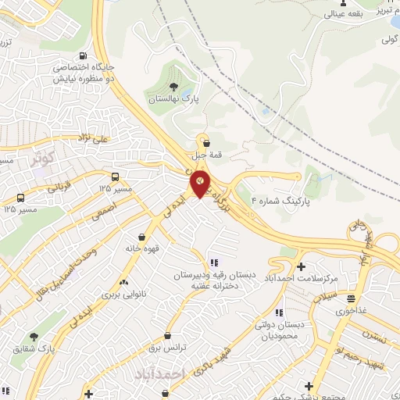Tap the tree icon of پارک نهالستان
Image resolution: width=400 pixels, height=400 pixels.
pos(173,87)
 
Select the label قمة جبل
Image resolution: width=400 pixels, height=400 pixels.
pos(211,155)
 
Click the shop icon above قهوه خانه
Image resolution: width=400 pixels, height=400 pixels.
pos(141,236)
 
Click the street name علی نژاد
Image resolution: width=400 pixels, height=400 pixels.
pos(110,139)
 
